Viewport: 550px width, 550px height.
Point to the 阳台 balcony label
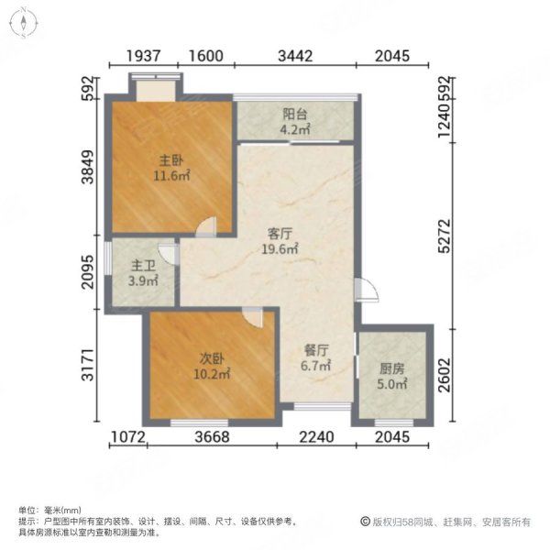(294, 115)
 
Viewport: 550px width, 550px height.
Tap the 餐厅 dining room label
(317, 350)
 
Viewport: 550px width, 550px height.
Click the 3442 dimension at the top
(295, 56)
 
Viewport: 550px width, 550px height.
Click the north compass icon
(20, 20)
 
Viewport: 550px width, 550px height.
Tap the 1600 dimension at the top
(207, 56)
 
